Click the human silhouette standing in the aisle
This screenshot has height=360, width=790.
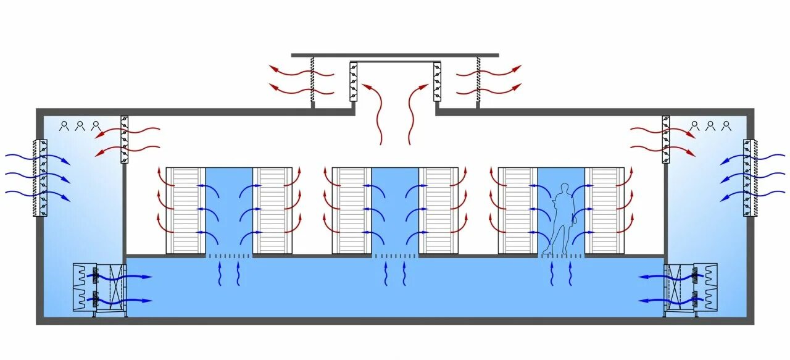(562, 219)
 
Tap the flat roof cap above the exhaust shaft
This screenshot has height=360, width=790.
(395, 55)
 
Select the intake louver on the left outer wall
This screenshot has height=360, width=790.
(43, 178)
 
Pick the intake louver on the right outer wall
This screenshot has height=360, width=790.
(749, 178)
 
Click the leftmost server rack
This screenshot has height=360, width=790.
(185, 210)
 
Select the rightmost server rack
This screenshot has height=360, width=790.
(605, 210)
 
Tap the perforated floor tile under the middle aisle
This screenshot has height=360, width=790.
(395, 256)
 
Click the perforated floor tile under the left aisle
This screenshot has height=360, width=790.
(229, 256)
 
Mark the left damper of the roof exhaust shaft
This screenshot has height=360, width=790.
(354, 81)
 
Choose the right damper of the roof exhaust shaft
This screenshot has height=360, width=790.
(437, 81)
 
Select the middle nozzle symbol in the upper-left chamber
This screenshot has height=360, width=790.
(80, 126)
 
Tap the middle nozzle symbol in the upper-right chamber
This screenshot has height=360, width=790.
(710, 126)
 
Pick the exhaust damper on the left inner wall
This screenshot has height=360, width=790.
(124, 139)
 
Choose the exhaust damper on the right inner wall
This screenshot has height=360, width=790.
(666, 139)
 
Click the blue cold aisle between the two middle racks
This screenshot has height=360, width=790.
(395, 210)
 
